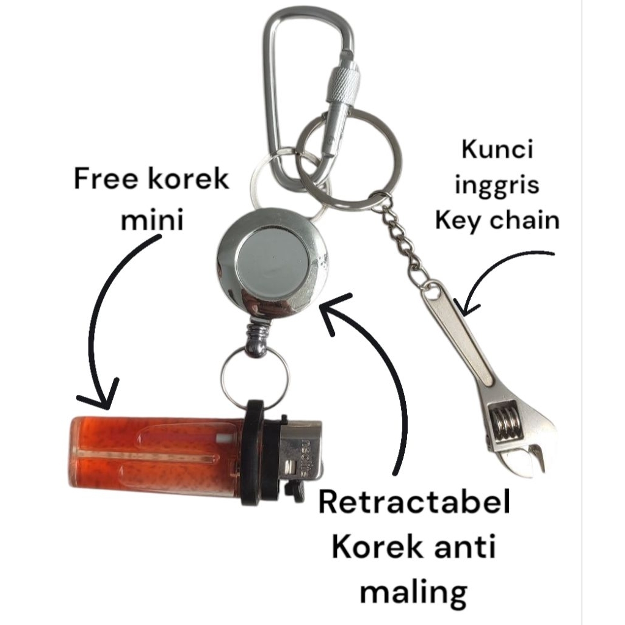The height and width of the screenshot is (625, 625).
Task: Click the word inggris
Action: (x=497, y=184)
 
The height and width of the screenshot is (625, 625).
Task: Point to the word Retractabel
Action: (x=414, y=505)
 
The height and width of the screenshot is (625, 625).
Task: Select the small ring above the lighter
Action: (x=254, y=378)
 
